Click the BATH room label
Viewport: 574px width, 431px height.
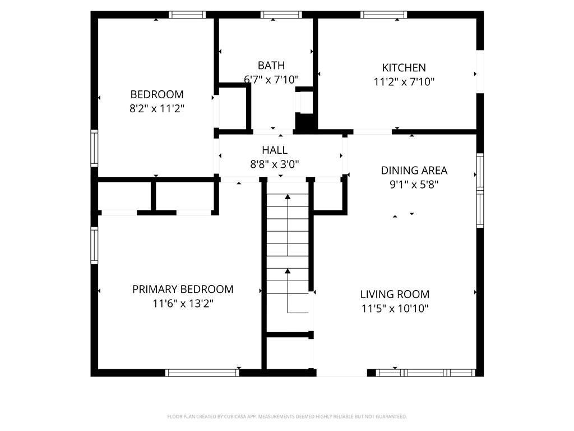pyautogui.click(x=271, y=65)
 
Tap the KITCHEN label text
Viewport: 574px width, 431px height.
pyautogui.click(x=404, y=68)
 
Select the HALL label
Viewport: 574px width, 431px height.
pyautogui.click(x=275, y=150)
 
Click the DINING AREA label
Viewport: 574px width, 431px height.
pyautogui.click(x=414, y=171)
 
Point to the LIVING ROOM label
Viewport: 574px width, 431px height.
pyautogui.click(x=395, y=294)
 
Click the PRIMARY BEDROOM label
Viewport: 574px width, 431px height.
pyautogui.click(x=183, y=290)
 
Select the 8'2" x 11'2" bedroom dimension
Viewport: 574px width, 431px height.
pyautogui.click(x=157, y=109)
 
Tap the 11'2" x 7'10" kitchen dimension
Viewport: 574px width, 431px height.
pyautogui.click(x=404, y=82)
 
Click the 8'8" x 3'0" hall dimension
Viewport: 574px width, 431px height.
pyautogui.click(x=275, y=164)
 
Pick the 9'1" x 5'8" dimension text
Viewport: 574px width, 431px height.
pyautogui.click(x=414, y=184)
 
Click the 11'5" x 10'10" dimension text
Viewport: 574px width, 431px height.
pyautogui.click(x=395, y=309)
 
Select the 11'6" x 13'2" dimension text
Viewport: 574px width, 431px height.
pyautogui.click(x=183, y=304)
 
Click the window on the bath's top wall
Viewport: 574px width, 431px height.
pyautogui.click(x=281, y=15)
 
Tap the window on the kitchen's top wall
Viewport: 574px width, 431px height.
pyautogui.click(x=383, y=15)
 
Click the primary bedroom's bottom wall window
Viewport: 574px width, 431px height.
pyautogui.click(x=202, y=373)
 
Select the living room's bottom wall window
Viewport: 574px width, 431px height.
pyautogui.click(x=426, y=373)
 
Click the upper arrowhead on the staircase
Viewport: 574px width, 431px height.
pyautogui.click(x=288, y=197)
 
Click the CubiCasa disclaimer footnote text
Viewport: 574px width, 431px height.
pyautogui.click(x=287, y=417)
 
